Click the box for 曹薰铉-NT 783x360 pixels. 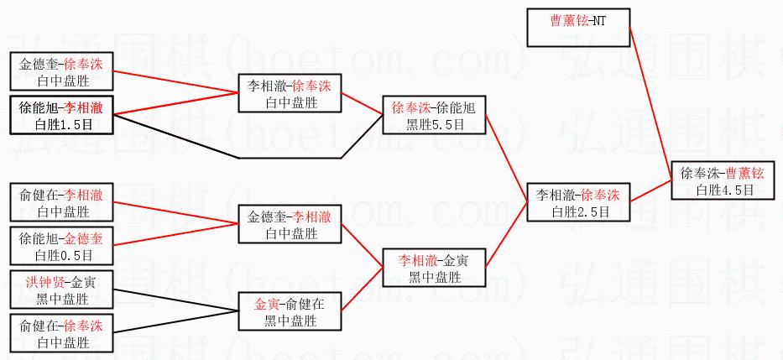pyautogui.click(x=578, y=27)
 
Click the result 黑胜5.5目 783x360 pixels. pyautogui.click(x=433, y=123)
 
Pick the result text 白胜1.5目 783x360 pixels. pyautogui.click(x=60, y=124)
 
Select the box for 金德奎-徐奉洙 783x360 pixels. pyautogui.click(x=61, y=71)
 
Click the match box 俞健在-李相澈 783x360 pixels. pyautogui.click(x=61, y=202)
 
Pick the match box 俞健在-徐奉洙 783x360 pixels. pyautogui.click(x=61, y=333)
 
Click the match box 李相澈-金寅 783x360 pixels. pyautogui.click(x=433, y=268)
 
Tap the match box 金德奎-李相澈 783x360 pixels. pyautogui.click(x=289, y=224)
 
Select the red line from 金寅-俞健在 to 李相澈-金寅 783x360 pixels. pyautogui.click(x=361, y=290)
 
